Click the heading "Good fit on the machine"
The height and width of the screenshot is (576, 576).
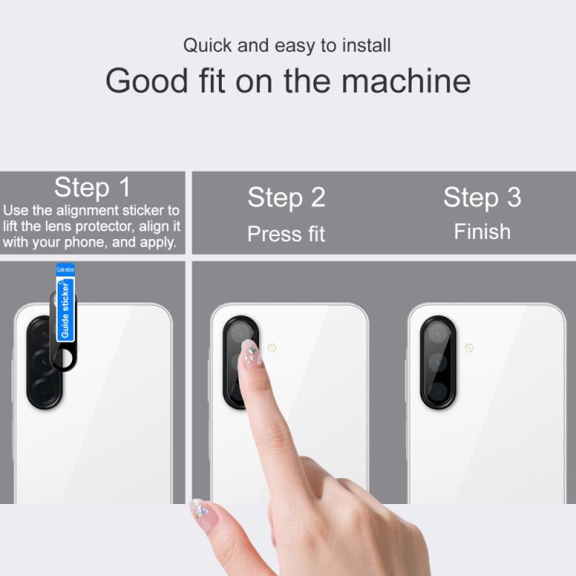288,81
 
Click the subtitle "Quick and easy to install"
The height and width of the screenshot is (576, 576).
287,45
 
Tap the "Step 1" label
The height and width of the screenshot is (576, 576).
92,188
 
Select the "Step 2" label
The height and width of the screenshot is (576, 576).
287,198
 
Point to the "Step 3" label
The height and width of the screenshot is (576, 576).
482,197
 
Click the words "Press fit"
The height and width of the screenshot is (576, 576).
287,234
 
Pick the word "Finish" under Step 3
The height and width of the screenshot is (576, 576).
482,232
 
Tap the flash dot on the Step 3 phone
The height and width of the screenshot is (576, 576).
469,347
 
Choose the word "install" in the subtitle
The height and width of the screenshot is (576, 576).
367,45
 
